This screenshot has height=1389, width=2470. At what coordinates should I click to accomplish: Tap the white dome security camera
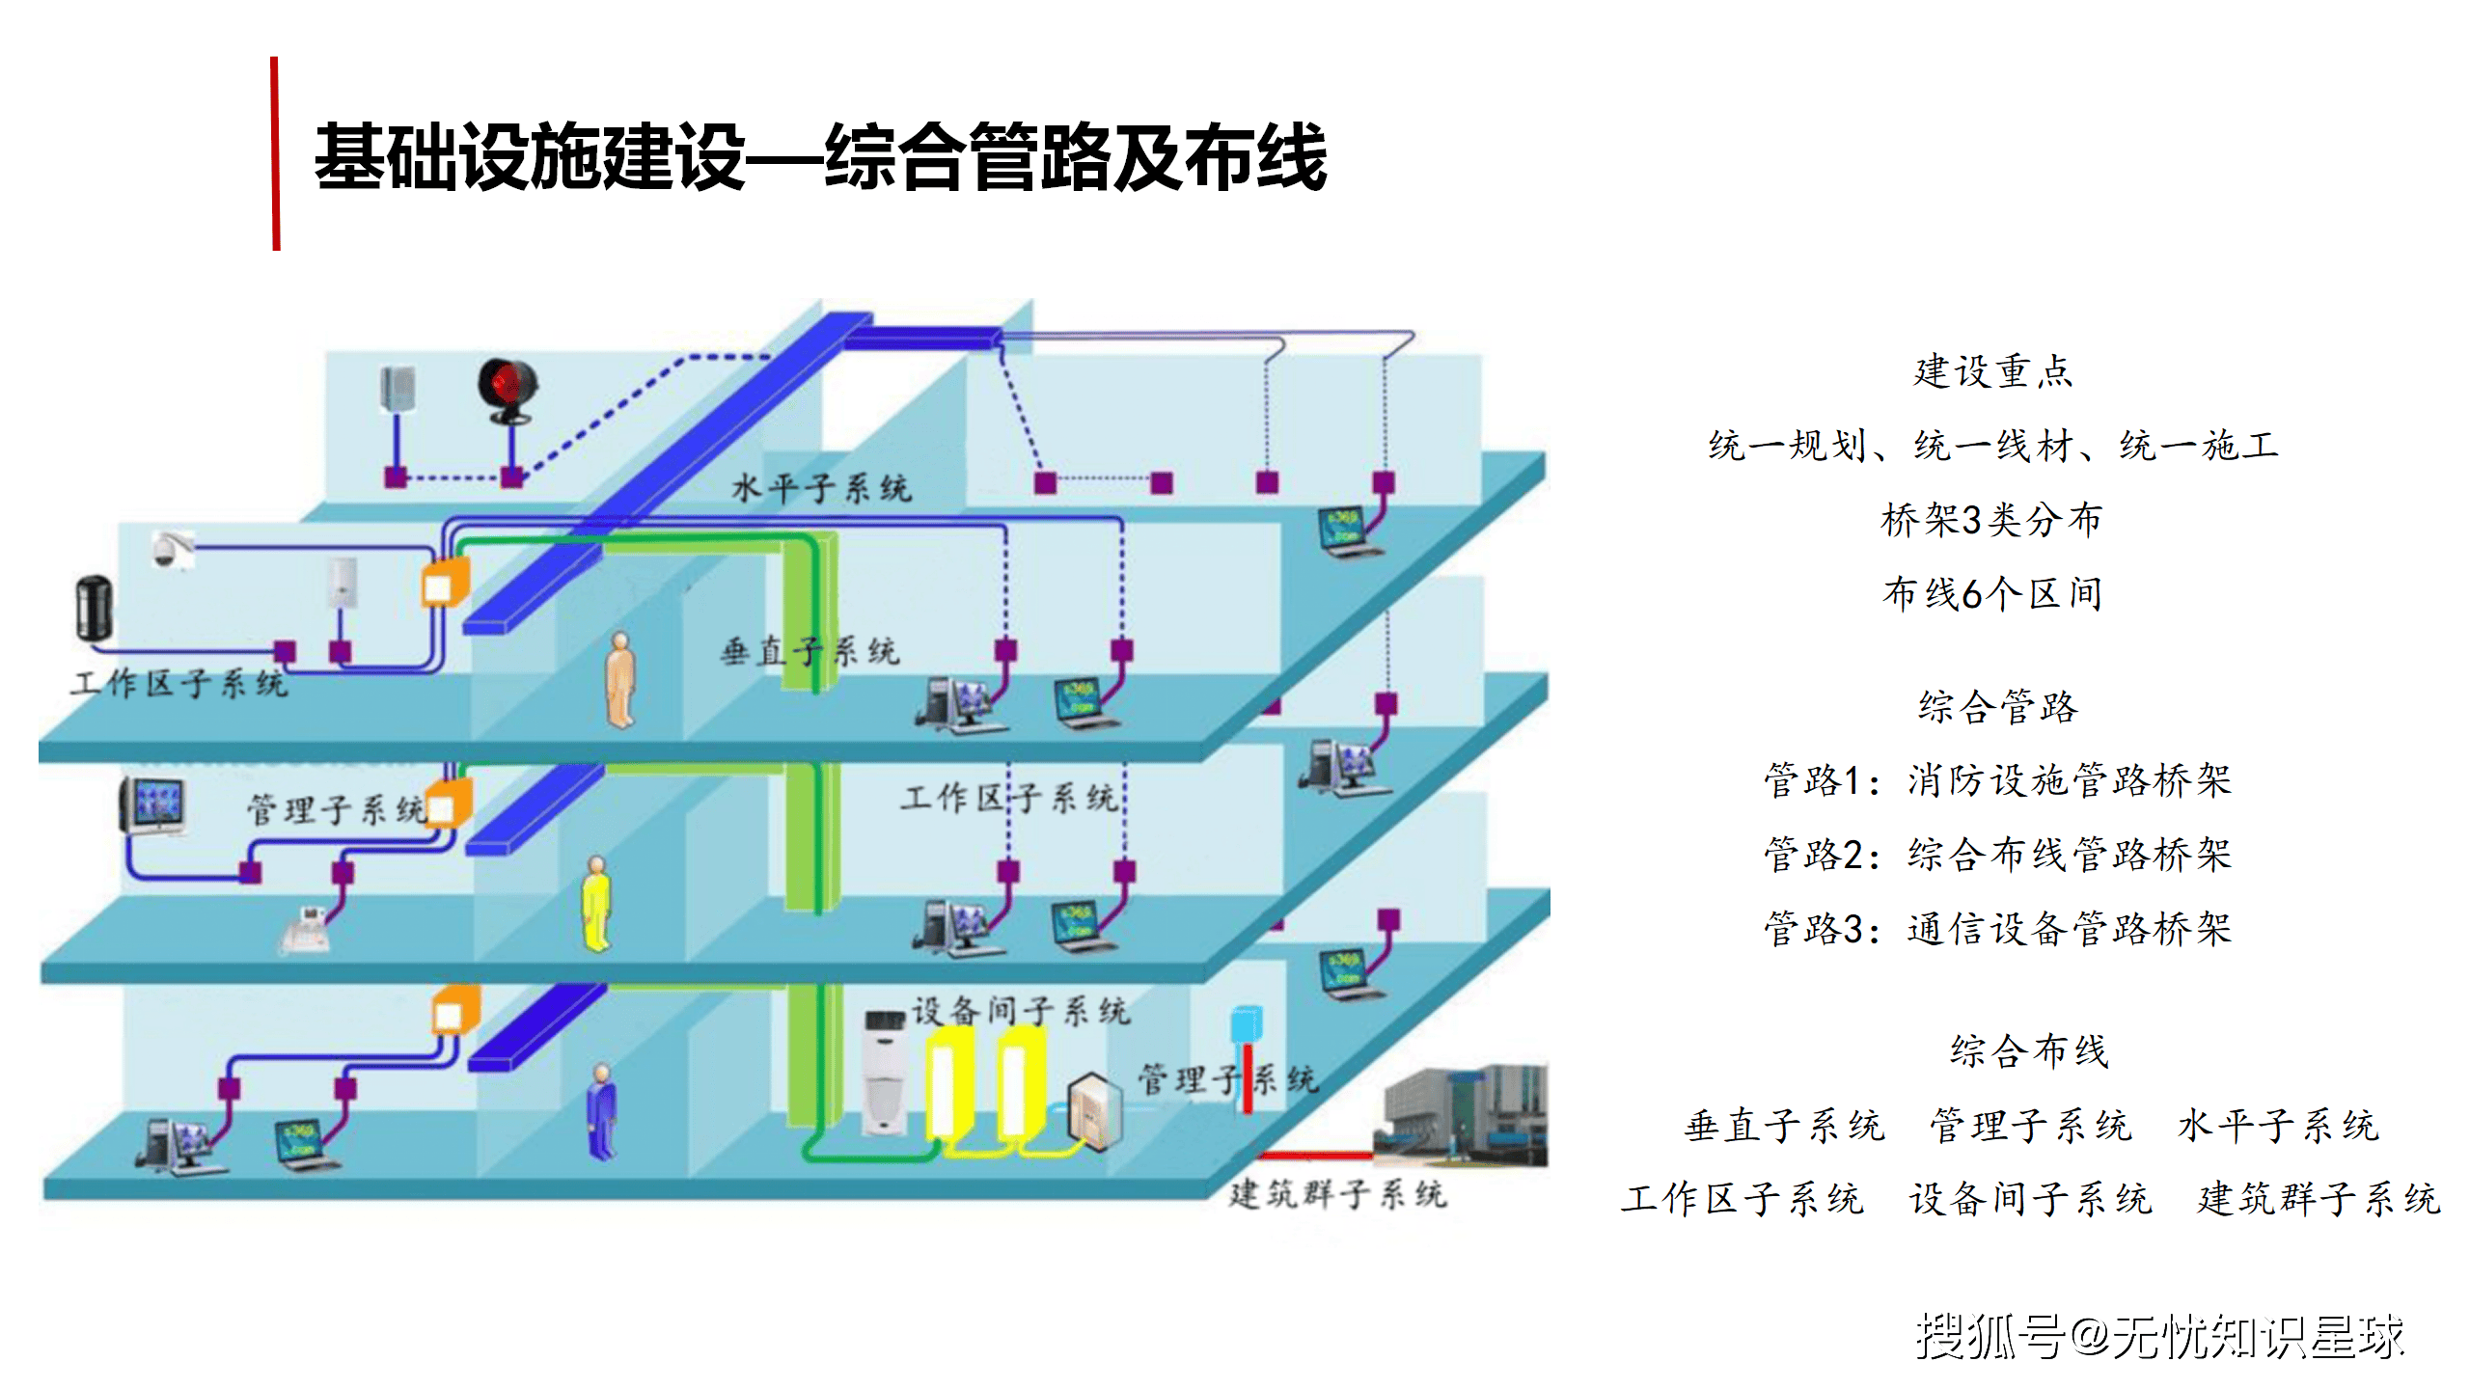click(170, 548)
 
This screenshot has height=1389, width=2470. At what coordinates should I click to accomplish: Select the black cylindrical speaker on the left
click(95, 607)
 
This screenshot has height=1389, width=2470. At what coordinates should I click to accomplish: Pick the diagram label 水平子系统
click(821, 488)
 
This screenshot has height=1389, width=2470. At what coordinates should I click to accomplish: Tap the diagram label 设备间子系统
click(1020, 1011)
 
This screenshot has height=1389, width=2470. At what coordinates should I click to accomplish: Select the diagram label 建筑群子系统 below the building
click(1337, 1194)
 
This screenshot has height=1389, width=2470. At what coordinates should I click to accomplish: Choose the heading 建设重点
click(1992, 371)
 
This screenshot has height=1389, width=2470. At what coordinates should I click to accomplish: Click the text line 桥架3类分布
click(1992, 520)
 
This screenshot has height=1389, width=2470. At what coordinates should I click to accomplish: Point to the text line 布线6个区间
click(1992, 594)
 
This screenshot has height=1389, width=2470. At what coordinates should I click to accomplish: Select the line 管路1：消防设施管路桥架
click(1997, 780)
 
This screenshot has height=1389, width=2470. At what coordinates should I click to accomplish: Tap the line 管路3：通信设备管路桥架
click(1997, 929)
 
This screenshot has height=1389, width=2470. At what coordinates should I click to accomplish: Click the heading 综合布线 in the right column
click(2029, 1050)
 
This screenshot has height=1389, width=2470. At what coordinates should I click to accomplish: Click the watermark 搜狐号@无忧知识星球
click(2159, 1337)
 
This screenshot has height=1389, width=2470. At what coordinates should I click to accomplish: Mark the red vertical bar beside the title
click(276, 154)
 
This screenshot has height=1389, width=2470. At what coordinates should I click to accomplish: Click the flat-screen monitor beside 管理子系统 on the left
click(152, 805)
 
